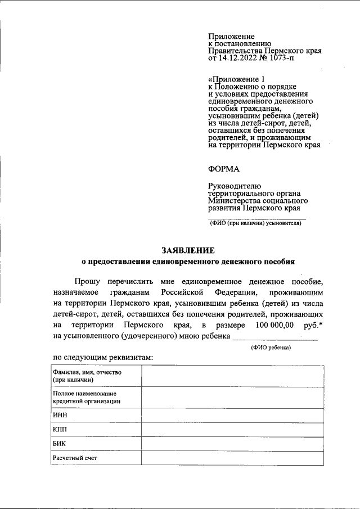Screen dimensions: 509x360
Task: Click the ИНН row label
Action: point(60,415)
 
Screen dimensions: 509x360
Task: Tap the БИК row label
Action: point(60,444)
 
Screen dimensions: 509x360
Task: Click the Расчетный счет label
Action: point(75,458)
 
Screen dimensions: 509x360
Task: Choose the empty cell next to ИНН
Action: point(232,415)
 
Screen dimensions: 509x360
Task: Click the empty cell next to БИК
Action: point(232,444)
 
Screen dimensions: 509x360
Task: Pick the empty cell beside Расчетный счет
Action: point(232,458)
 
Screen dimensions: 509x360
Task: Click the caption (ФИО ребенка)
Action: point(271,348)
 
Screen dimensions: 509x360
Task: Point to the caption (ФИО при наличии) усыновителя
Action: point(256,223)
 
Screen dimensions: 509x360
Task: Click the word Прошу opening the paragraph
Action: point(87,281)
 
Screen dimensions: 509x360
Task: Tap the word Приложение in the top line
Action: point(231,36)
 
